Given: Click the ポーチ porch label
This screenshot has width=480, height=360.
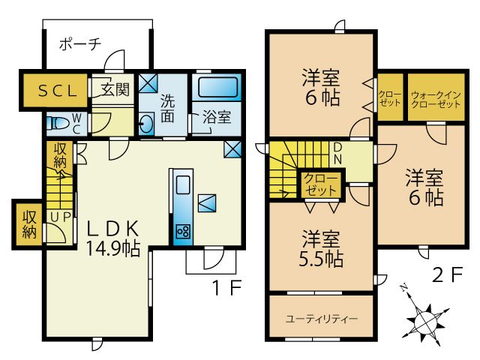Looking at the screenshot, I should click(79, 43).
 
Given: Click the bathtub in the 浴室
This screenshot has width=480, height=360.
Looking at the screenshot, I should click(217, 88).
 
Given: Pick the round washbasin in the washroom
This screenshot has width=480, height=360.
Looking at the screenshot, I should click(147, 124).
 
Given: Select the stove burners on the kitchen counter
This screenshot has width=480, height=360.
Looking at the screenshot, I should click(182, 230).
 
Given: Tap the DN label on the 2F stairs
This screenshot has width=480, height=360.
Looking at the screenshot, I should click(337, 154).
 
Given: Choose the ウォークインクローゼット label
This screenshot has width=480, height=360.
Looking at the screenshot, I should click(436, 100).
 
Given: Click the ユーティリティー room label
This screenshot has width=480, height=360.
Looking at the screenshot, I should click(322, 319).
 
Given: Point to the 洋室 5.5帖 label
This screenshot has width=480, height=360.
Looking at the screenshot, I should click(322, 250).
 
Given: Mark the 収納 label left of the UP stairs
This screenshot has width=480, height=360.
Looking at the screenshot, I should click(29, 223).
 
